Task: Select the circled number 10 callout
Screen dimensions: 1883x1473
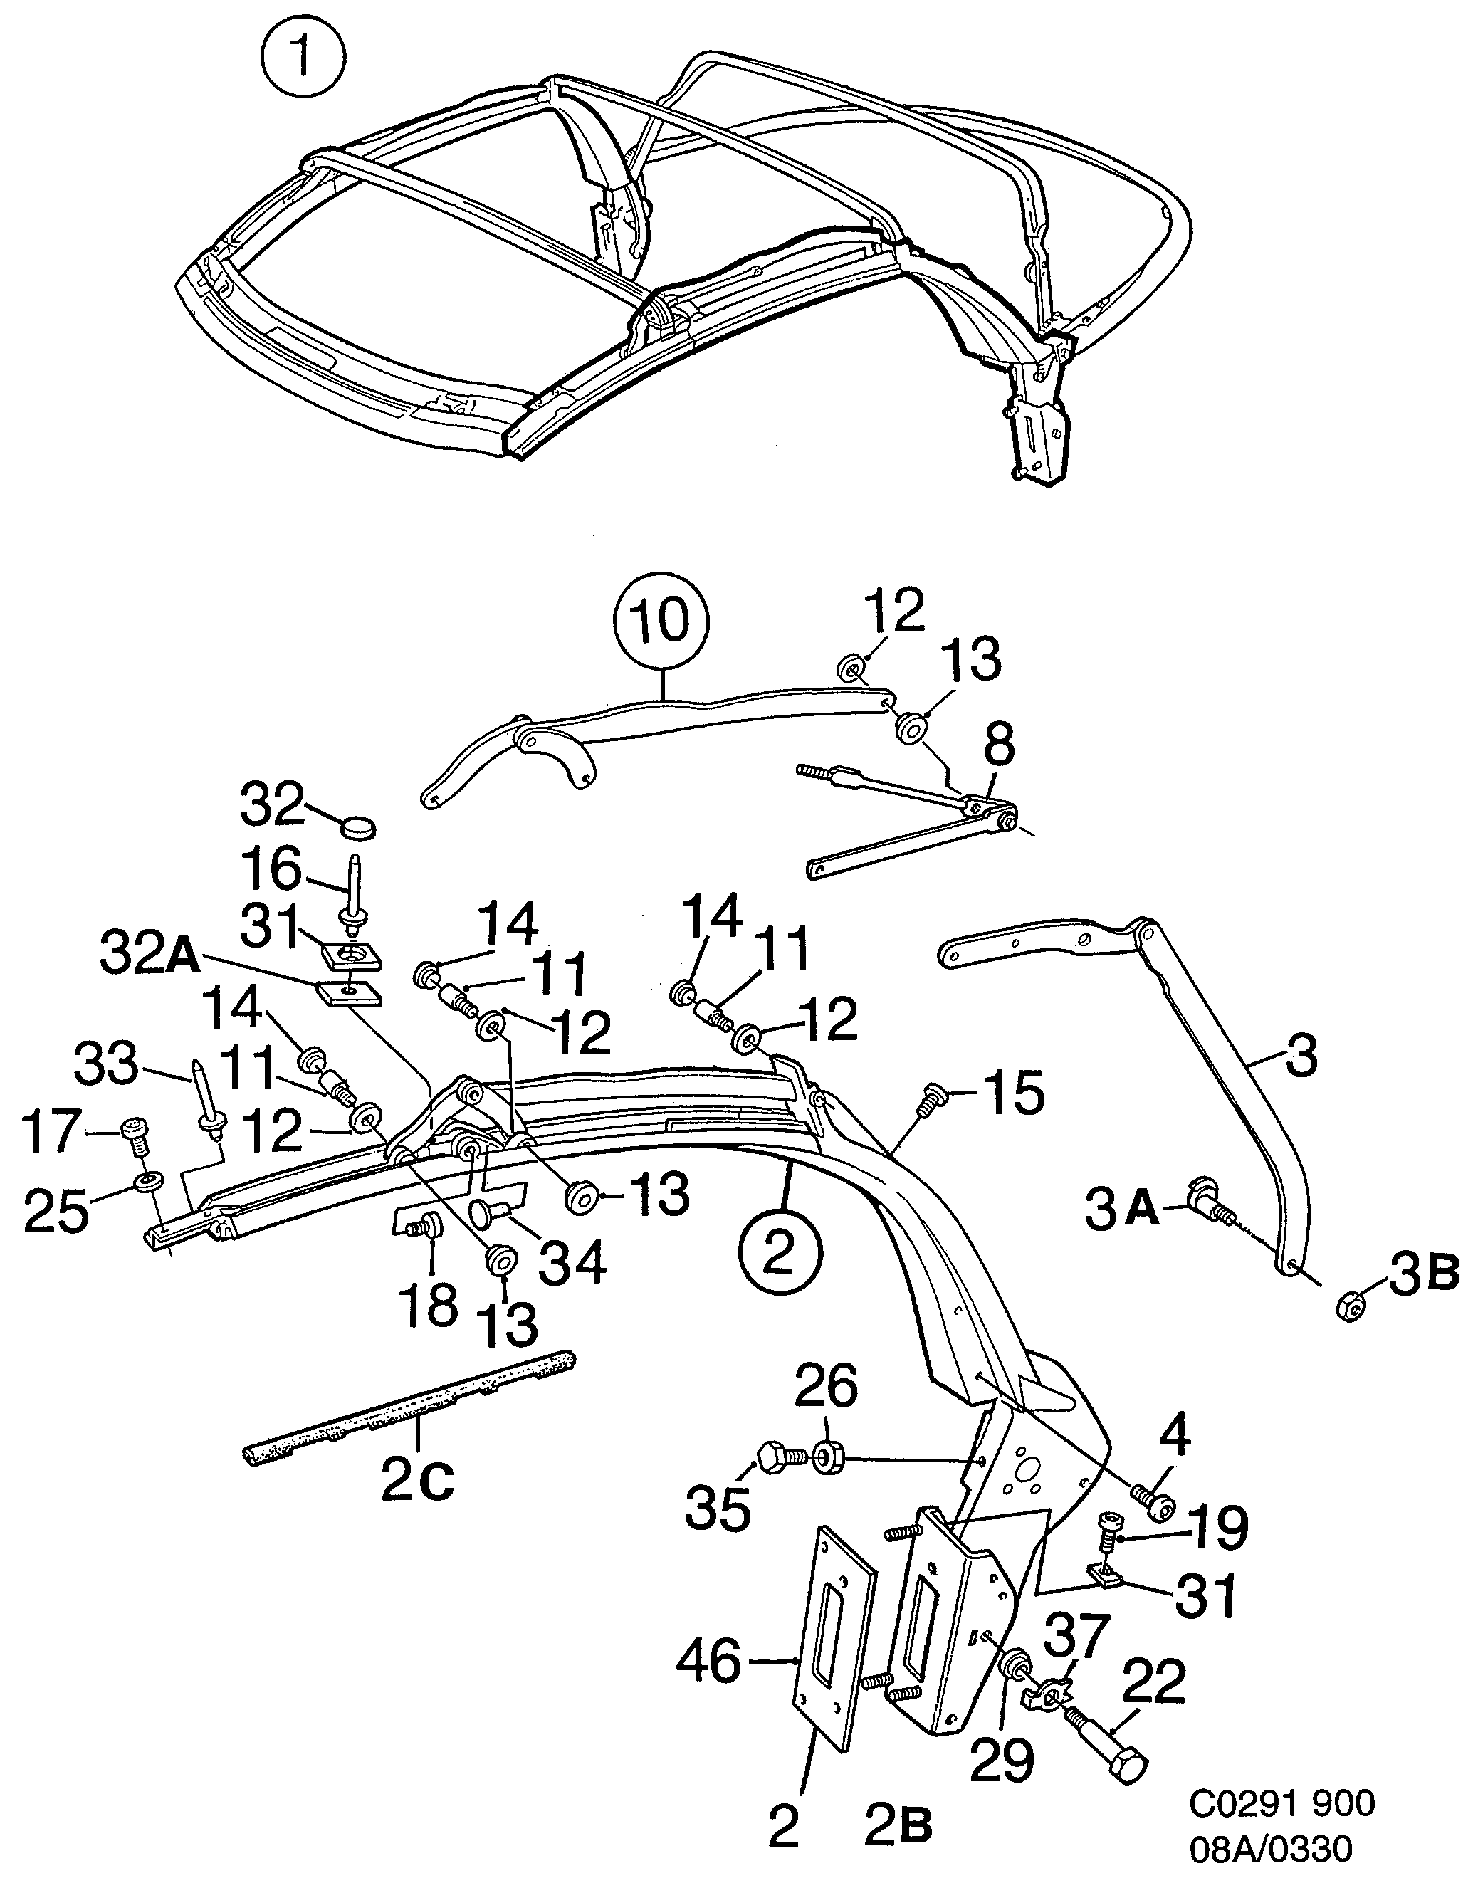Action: coord(661,621)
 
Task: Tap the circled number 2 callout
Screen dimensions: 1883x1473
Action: coord(780,1253)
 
